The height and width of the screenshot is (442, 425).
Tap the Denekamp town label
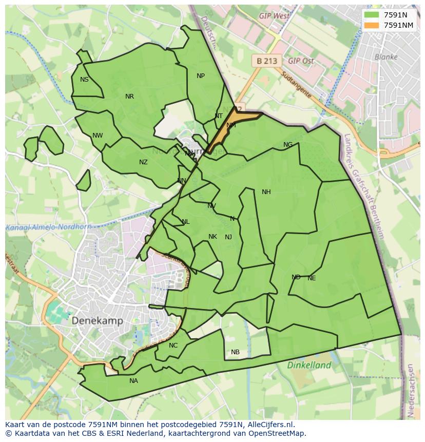pyautogui.click(x=97, y=320)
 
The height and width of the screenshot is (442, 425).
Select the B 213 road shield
pyautogui.click(x=266, y=61)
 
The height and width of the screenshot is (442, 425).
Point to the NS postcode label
pyautogui.click(x=84, y=80)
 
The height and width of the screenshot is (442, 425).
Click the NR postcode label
pyautogui.click(x=129, y=97)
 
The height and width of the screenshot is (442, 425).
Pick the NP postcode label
pyautogui.click(x=201, y=76)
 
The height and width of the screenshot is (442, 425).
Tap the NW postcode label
pyautogui.click(x=98, y=136)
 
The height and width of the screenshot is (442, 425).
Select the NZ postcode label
pyautogui.click(x=143, y=162)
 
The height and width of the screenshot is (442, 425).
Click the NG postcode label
pyautogui.click(x=288, y=145)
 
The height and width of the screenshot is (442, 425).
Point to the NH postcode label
pyautogui.click(x=266, y=192)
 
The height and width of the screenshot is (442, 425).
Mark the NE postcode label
pyautogui.click(x=312, y=278)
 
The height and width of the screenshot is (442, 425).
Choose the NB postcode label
pyautogui.click(x=235, y=352)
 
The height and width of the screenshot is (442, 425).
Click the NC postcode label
pyautogui.click(x=173, y=345)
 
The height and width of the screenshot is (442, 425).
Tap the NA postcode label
pyautogui.click(x=133, y=381)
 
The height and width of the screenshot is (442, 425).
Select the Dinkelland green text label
pyautogui.click(x=309, y=366)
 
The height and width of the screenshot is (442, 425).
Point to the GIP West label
pyautogui.click(x=274, y=16)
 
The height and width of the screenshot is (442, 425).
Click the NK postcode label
pyautogui.click(x=212, y=237)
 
